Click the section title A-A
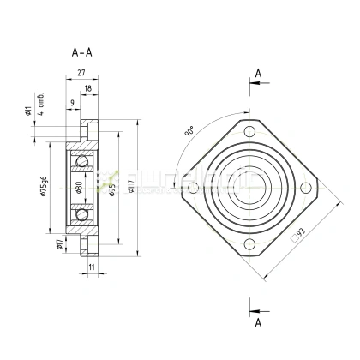coord(82,52)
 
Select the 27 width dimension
coord(81,75)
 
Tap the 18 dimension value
coord(87,87)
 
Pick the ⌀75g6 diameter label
coord(42,189)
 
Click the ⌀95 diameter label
coord(111,189)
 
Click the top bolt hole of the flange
coord(249,132)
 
